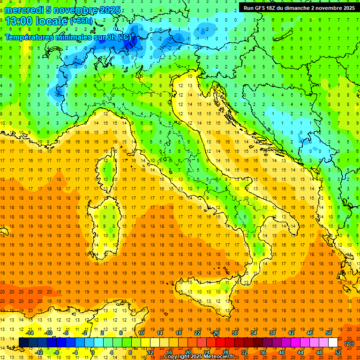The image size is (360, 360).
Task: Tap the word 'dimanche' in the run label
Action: (x=303, y=7)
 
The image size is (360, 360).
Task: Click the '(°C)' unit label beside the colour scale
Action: (x=349, y=343)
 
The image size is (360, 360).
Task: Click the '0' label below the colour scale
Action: (x=93, y=352)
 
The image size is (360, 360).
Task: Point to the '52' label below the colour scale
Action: (x=337, y=352)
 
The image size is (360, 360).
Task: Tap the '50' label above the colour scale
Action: (x=328, y=333)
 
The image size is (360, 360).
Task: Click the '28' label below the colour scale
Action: (x=225, y=352)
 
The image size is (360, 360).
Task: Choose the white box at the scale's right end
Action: (x=333, y=342)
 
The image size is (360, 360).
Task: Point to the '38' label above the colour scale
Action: (x=272, y=333)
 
